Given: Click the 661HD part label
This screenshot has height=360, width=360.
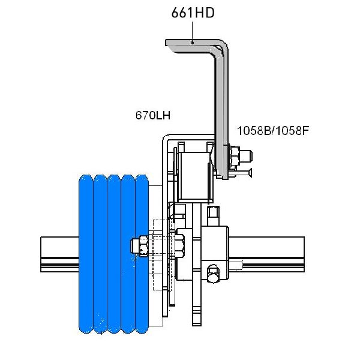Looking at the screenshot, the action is click(x=193, y=13).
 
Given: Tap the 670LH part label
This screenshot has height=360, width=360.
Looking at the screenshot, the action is click(x=153, y=115).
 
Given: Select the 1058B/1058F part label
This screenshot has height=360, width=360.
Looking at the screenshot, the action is click(x=273, y=131).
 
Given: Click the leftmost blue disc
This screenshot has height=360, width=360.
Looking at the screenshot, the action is click(x=86, y=254).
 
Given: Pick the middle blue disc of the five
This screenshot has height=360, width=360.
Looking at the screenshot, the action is click(x=114, y=254).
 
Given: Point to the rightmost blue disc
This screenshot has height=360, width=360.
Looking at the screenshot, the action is click(x=142, y=254).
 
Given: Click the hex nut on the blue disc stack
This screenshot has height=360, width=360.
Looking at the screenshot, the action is click(x=140, y=246).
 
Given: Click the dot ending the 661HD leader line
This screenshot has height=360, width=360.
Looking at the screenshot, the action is click(x=193, y=43).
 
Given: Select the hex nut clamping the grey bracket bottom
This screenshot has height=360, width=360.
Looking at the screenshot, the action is click(x=234, y=155).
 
